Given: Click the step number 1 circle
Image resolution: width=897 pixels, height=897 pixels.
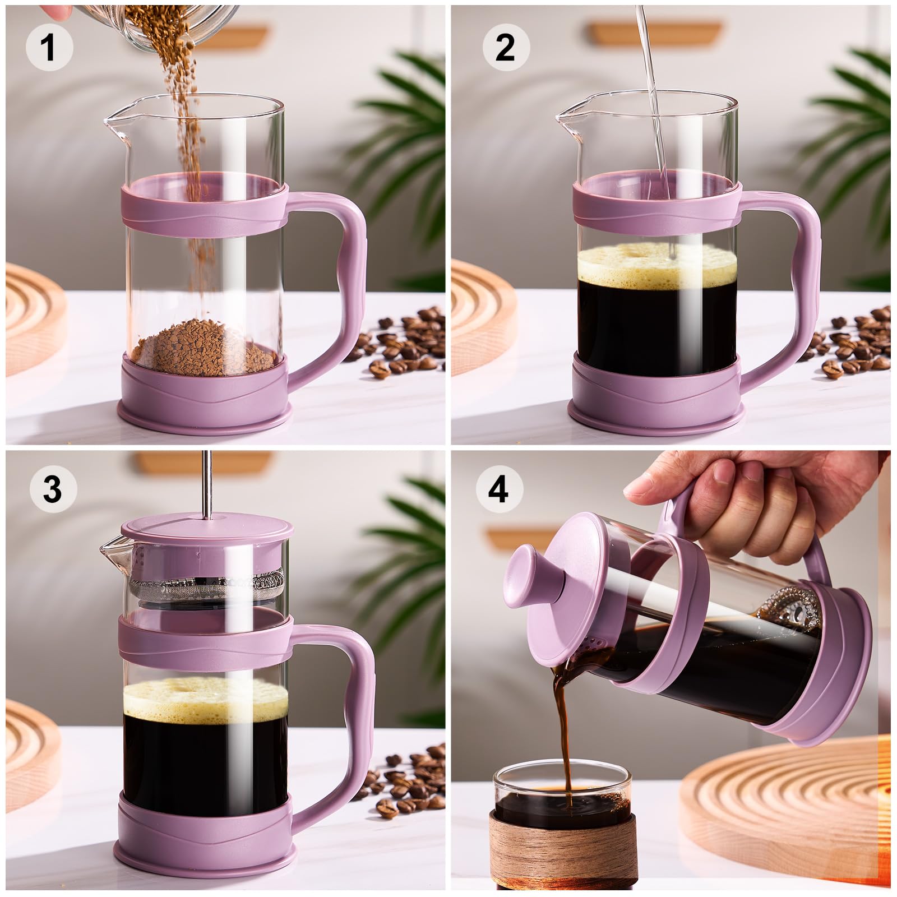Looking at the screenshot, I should pos(49,47).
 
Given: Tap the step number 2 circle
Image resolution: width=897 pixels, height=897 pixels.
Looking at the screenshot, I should pos(506,47).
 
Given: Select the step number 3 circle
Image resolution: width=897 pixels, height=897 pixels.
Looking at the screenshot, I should pos(52,489).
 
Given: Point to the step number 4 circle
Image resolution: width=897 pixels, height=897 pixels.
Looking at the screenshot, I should pos(499,489).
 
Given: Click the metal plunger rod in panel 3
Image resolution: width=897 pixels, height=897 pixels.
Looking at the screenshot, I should pos(207,482).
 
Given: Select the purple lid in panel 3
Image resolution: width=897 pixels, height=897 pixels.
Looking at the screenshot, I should pos(207,530).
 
